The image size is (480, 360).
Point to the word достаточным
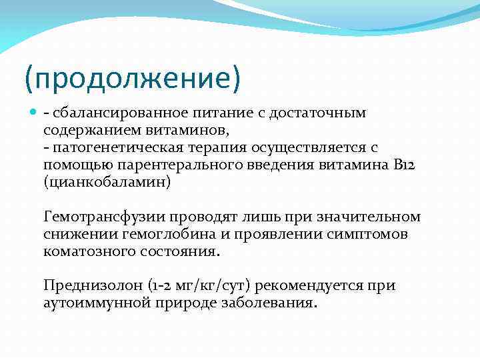click(319, 113)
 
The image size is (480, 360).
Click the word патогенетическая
click(112, 147)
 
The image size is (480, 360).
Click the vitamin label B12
click(404, 165)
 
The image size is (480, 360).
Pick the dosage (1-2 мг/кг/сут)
click(197, 286)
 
